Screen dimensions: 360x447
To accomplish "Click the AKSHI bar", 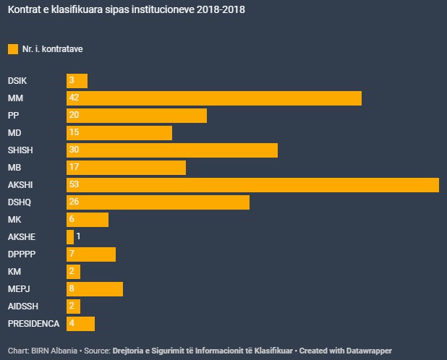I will (252, 184).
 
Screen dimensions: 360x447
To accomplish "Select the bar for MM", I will (213, 98).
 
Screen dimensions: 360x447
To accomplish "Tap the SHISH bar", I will (171, 150).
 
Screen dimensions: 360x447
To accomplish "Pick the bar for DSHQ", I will (158, 202).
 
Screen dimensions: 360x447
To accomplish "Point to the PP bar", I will (136, 116).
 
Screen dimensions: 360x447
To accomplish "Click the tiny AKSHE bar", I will (70, 236).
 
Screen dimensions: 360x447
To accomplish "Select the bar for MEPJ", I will (95, 288).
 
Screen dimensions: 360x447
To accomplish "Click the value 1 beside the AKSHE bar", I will (78, 236).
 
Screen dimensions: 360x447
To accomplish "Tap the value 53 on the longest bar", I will (74, 184).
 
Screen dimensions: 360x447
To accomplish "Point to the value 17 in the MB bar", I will (74, 167).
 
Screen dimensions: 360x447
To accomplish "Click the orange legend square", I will (12, 49).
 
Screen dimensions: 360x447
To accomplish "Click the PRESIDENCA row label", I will (33, 323).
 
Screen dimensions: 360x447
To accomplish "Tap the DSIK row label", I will (18, 81).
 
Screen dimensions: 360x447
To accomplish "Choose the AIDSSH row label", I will (22, 306).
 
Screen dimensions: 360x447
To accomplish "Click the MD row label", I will (14, 133).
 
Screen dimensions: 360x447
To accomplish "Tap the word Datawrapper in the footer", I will (372, 350).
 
